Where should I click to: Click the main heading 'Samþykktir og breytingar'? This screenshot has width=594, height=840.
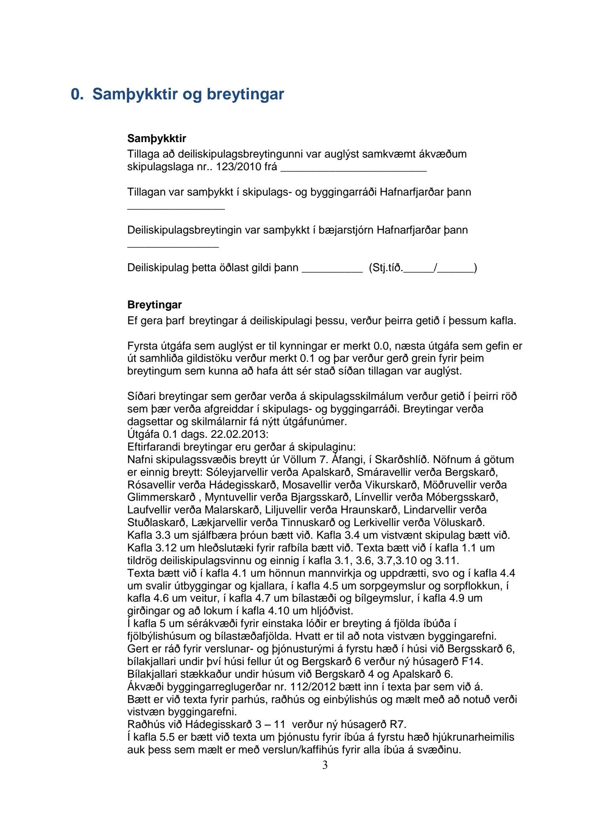pos(188,94)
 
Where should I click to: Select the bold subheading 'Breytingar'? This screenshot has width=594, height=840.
pos(154,305)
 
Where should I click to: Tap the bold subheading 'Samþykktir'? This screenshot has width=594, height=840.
pos(156,139)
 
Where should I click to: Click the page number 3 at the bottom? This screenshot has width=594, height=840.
pos(325,765)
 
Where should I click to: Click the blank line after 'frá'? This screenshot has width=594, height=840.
pos(353,168)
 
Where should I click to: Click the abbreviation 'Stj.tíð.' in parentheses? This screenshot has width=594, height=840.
pos(386,268)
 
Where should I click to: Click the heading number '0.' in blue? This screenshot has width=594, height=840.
pos(77,94)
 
